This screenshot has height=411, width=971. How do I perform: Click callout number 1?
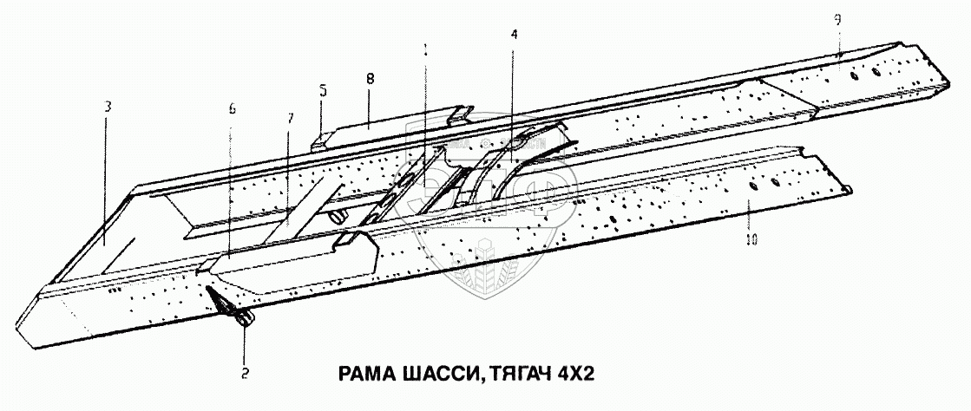pyautogui.click(x=425, y=49)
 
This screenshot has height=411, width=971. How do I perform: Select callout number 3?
pyautogui.click(x=106, y=107)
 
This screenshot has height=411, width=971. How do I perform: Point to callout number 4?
pyautogui.click(x=515, y=34)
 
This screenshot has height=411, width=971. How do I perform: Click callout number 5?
pyautogui.click(x=323, y=89)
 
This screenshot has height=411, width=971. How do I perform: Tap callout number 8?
pyautogui.click(x=370, y=77)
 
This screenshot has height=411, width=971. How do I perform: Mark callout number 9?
pyautogui.click(x=837, y=21)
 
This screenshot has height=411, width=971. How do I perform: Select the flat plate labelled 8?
pyautogui.click(x=390, y=127)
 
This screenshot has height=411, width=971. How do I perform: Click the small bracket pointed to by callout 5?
pyautogui.click(x=320, y=139)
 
